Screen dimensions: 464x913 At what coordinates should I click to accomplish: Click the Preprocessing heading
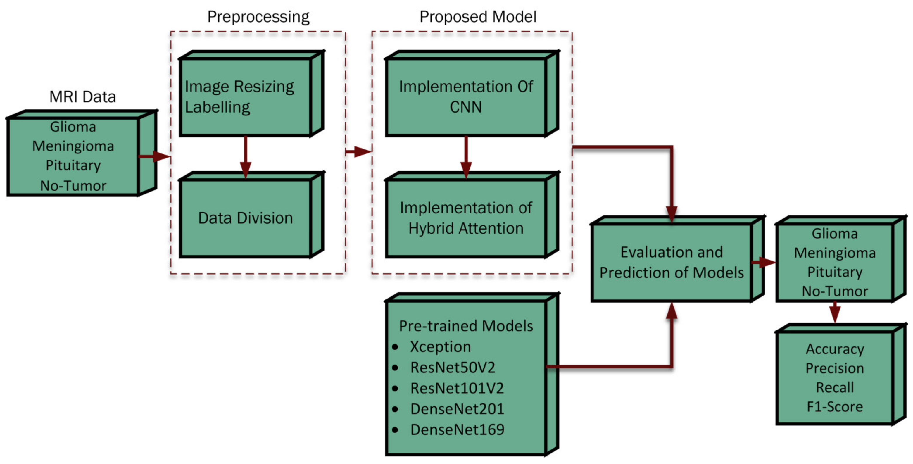(x=258, y=17)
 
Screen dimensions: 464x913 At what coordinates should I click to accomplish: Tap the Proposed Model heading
(x=477, y=17)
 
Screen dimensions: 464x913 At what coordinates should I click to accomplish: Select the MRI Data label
(x=82, y=97)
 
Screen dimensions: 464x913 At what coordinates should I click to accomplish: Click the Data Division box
(x=245, y=218)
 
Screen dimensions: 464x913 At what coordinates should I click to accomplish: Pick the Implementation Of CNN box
(x=466, y=97)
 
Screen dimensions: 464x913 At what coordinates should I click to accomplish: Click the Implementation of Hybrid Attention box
(x=466, y=218)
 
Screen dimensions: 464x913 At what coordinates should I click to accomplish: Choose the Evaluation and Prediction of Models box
(x=671, y=262)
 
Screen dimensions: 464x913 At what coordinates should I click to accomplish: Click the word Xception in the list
(x=440, y=347)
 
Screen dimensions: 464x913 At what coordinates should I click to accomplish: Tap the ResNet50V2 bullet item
(x=452, y=368)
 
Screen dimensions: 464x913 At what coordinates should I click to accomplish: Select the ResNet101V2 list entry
(x=457, y=388)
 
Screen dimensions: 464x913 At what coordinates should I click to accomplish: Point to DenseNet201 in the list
(x=457, y=409)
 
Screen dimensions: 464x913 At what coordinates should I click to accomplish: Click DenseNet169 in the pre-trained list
(x=457, y=429)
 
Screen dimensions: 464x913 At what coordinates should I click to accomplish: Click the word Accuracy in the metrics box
(x=835, y=349)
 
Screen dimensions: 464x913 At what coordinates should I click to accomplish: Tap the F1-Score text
(x=835, y=407)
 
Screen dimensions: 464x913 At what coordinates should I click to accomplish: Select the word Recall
(x=835, y=387)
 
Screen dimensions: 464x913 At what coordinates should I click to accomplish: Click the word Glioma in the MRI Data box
(x=73, y=127)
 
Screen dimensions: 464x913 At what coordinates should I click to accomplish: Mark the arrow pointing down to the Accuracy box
(x=835, y=312)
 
